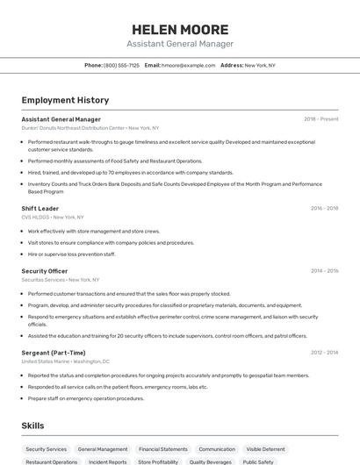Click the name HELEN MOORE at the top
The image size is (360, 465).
click(x=179, y=29)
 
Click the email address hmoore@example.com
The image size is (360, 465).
click(x=188, y=65)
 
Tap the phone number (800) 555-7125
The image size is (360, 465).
click(x=121, y=65)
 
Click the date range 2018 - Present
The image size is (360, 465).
click(x=320, y=118)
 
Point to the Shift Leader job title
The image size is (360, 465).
click(x=40, y=209)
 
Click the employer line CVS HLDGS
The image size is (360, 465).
click(x=53, y=217)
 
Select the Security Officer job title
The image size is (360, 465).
click(x=45, y=271)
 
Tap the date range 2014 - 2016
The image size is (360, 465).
click(x=324, y=271)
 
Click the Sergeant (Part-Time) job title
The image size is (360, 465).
click(x=54, y=353)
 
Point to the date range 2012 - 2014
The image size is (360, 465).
click(x=324, y=353)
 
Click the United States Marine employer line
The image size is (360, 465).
click(x=66, y=361)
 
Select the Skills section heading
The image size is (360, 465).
click(x=33, y=426)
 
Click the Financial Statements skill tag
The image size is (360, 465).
click(x=163, y=449)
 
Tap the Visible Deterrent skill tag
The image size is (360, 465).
click(x=265, y=449)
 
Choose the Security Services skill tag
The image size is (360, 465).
click(x=46, y=449)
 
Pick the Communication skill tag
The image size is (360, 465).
click(x=217, y=449)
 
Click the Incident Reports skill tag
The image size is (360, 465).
click(x=107, y=461)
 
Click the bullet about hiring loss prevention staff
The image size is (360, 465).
click(x=72, y=254)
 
